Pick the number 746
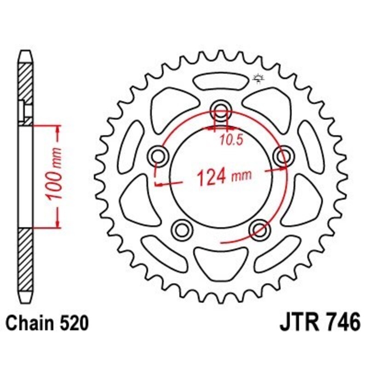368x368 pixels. coord(341,322)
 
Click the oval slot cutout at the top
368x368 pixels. coord(220,82)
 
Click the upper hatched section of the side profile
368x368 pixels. coord(26,87)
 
